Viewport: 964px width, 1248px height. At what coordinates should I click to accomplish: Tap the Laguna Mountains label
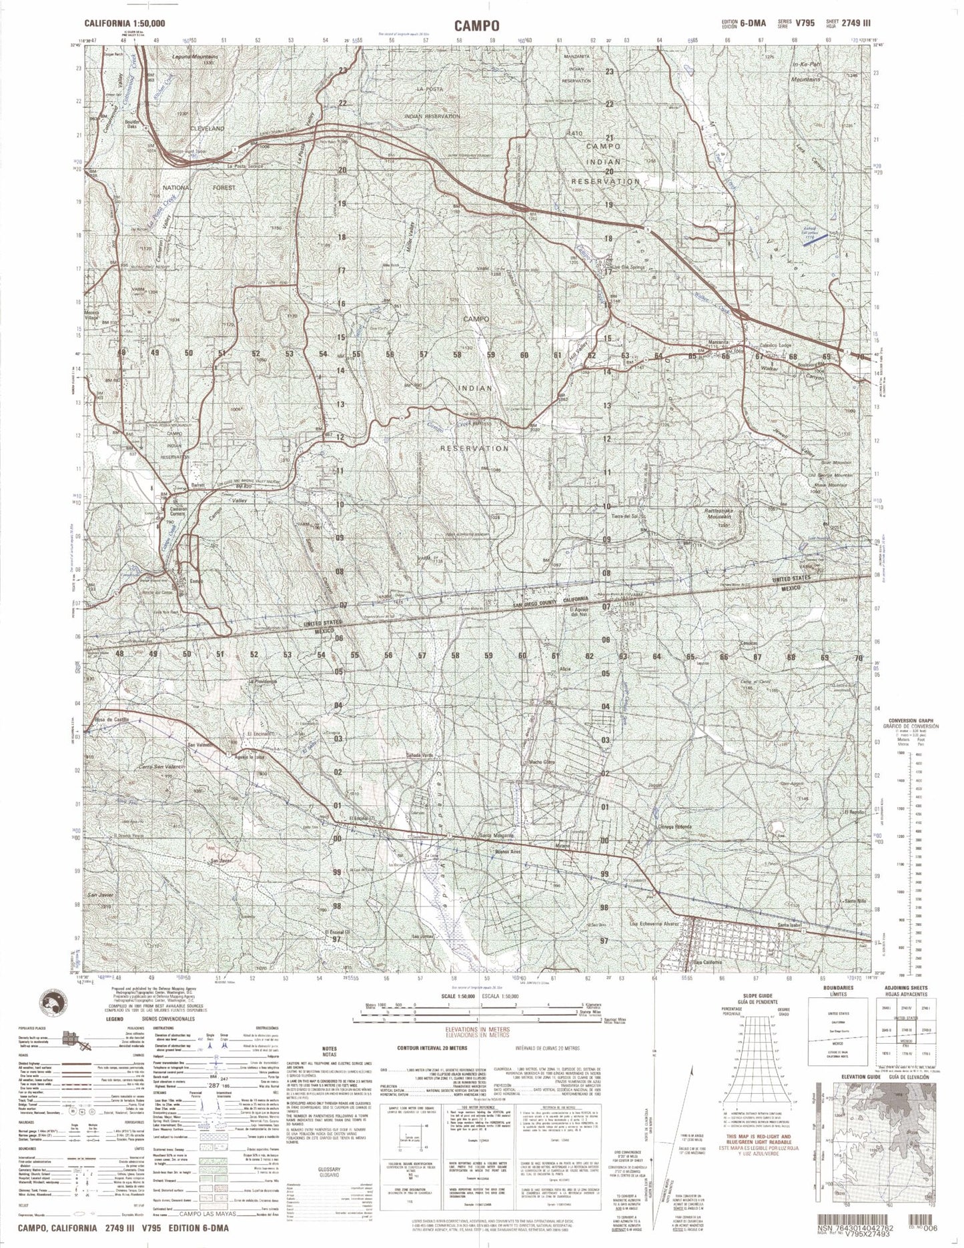coord(195,57)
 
